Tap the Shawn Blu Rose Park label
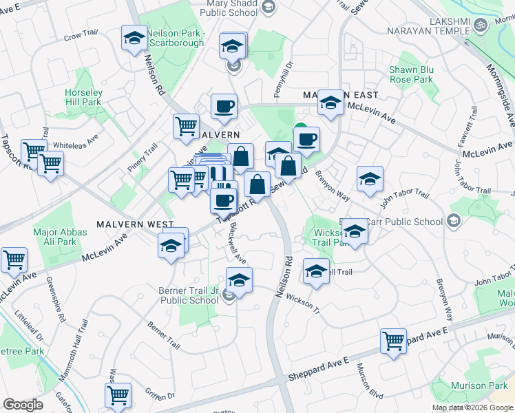pos(411,74)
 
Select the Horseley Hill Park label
pos(83,97)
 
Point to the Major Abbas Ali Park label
pos(61,237)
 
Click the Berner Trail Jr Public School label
pos(189,295)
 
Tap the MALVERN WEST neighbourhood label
pos(135,224)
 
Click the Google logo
pos(23,405)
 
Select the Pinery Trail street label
pos(143,158)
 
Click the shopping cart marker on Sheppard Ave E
pos(393,340)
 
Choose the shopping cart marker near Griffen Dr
pos(118,395)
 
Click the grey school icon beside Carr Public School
pos(453,221)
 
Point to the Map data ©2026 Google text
pos(472,407)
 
